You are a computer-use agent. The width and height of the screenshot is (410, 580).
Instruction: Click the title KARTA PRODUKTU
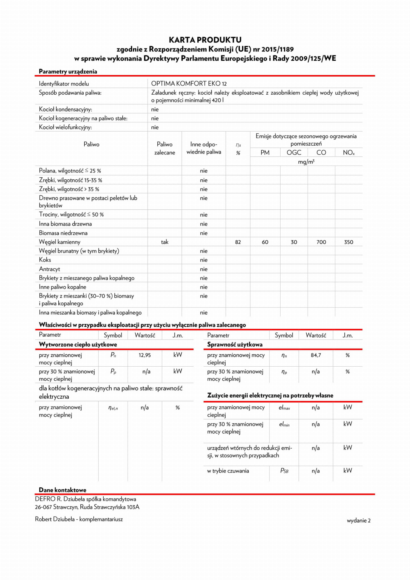click(205, 40)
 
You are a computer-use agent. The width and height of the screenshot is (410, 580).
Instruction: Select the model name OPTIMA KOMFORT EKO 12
click(189, 84)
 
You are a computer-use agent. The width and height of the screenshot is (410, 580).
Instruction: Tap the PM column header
click(265, 153)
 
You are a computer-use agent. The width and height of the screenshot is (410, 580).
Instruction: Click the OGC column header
click(294, 153)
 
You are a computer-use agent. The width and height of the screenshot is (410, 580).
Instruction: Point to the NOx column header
click(349, 153)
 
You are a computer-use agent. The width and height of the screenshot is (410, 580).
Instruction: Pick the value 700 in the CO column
click(321, 242)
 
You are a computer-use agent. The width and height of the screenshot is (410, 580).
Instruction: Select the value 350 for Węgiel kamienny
click(349, 242)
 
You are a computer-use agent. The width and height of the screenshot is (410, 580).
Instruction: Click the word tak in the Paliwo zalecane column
click(165, 242)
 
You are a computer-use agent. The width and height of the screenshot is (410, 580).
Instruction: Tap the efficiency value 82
click(238, 242)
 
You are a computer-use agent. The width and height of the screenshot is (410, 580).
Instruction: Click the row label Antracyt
click(50, 269)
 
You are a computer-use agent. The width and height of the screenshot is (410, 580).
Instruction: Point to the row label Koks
click(45, 260)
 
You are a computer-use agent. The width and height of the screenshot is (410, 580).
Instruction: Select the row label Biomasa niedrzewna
click(63, 233)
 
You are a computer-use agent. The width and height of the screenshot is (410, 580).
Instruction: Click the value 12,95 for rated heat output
click(145, 355)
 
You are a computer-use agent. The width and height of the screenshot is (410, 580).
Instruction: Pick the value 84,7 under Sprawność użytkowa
click(316, 355)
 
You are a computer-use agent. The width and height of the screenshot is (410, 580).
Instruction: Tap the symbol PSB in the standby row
click(284, 471)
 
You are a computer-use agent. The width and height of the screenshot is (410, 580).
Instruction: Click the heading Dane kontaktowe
click(63, 490)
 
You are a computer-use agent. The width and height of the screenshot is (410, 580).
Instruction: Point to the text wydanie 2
click(358, 520)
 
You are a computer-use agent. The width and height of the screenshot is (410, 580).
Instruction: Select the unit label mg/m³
click(306, 162)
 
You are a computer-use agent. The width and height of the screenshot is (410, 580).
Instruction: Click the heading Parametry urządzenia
click(68, 71)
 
